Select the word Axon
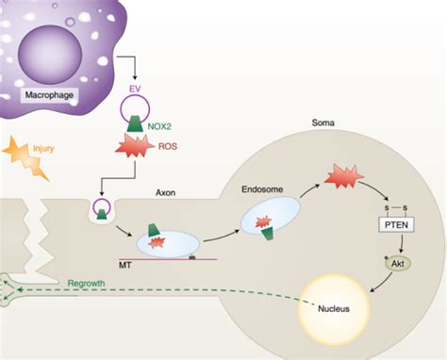pyautogui.click(x=167, y=192)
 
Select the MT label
pyautogui.click(x=126, y=265)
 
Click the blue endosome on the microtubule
pyautogui.click(x=166, y=243)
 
